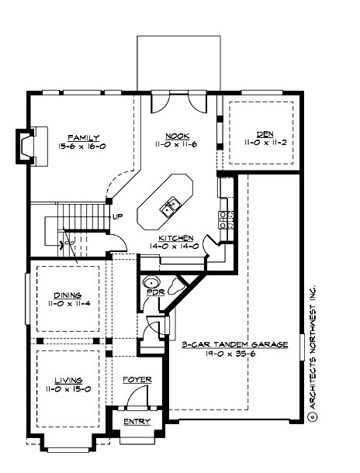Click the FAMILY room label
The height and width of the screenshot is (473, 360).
83,137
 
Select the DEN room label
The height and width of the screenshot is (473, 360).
260,134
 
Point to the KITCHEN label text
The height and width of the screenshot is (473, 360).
176,238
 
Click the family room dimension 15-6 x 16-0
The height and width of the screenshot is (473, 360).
83,146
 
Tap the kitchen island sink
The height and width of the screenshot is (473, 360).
168,207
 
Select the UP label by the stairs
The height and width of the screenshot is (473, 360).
117,216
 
